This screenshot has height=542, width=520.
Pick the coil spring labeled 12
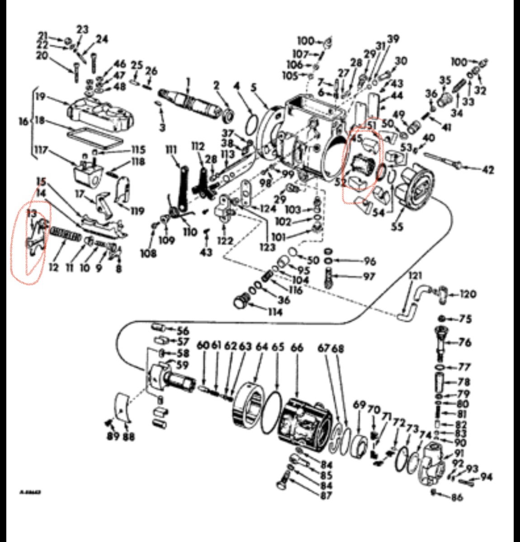pos(66,236)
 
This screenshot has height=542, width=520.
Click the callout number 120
pos(468,294)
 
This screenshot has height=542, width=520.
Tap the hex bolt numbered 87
pos(284,482)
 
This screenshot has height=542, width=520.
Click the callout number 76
pos(464,342)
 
